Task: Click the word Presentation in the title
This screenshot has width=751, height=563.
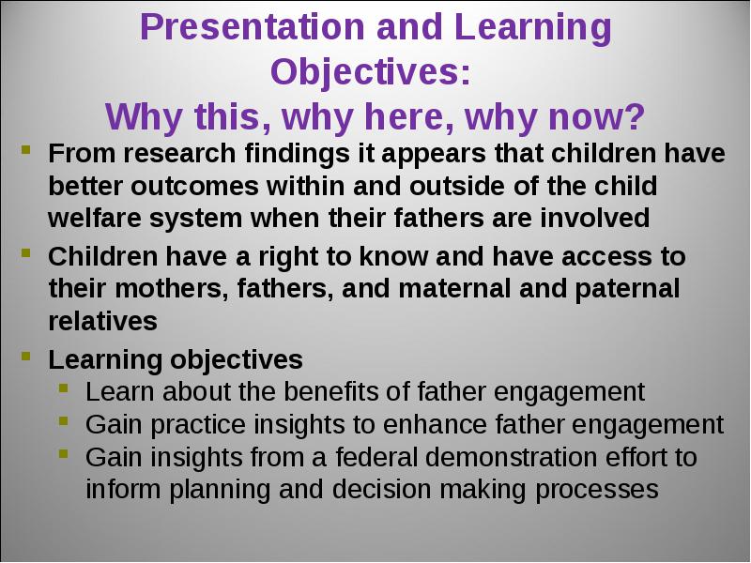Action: pyautogui.click(x=253, y=27)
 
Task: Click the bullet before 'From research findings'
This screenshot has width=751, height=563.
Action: pyautogui.click(x=26, y=149)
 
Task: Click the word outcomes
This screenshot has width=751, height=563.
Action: pyautogui.click(x=195, y=186)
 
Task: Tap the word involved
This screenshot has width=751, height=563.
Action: pyautogui.click(x=595, y=218)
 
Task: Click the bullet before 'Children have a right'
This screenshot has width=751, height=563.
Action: pyautogui.click(x=26, y=252)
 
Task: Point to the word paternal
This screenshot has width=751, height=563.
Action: pyautogui.click(x=627, y=290)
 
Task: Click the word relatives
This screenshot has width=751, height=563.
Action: pyautogui.click(x=102, y=321)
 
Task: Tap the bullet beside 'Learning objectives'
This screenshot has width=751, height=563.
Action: pyautogui.click(x=26, y=356)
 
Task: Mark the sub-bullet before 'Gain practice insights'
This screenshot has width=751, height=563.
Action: pyautogui.click(x=64, y=420)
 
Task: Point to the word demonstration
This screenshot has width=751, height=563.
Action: pyautogui.click(x=511, y=457)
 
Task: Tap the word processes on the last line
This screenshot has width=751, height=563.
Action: pyautogui.click(x=597, y=490)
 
